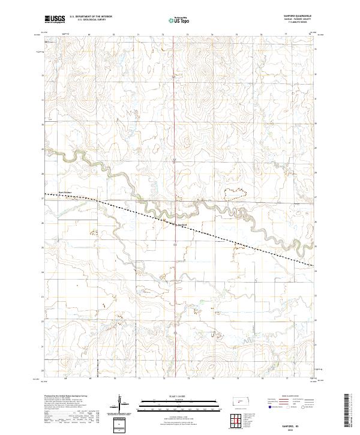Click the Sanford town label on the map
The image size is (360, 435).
182,225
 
